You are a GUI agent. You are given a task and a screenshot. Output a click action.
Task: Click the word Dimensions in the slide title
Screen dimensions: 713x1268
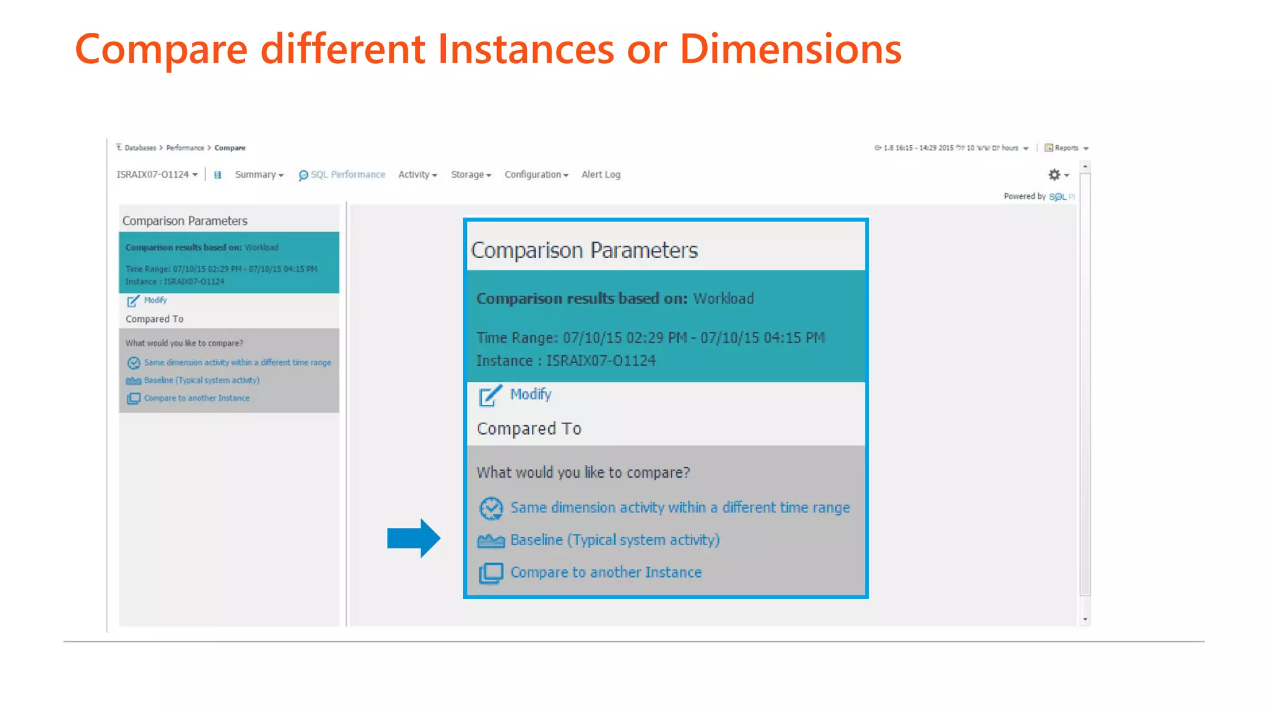click(x=790, y=50)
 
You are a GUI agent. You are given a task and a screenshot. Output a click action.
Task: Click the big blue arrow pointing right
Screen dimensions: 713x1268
click(x=413, y=538)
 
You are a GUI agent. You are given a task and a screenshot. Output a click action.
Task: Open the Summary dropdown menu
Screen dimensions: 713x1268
click(x=259, y=175)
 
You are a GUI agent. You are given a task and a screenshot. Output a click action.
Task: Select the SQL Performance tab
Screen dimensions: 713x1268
click(x=342, y=175)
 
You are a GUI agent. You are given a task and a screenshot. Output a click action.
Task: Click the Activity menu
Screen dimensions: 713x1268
click(x=417, y=175)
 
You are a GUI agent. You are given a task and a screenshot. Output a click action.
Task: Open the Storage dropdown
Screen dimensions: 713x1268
click(x=471, y=175)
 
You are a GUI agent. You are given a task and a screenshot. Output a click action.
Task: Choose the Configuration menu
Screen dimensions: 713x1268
click(x=536, y=175)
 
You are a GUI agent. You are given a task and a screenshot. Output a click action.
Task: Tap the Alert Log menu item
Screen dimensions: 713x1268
click(x=601, y=175)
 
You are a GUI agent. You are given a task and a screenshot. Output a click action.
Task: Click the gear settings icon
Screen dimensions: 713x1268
click(x=1054, y=175)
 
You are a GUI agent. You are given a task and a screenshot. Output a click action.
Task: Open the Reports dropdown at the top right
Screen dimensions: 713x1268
click(x=1066, y=148)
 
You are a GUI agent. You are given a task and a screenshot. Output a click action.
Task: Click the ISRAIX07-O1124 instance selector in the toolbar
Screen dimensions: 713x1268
click(x=157, y=175)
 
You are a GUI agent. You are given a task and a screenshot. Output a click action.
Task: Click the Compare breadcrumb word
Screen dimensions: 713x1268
click(x=230, y=148)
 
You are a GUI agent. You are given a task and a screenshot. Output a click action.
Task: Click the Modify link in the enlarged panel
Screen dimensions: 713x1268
click(x=530, y=394)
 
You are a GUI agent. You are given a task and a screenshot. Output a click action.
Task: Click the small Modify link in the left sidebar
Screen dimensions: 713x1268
click(x=155, y=300)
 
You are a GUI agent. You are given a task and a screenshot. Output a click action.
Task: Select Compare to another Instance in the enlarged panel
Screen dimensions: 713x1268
click(x=606, y=573)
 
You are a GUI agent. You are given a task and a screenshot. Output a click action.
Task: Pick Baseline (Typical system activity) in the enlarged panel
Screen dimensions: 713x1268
click(x=614, y=540)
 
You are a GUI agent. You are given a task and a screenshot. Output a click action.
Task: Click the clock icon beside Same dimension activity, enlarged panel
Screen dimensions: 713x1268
click(x=491, y=508)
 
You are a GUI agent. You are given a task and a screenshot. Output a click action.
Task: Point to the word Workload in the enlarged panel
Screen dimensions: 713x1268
click(x=723, y=298)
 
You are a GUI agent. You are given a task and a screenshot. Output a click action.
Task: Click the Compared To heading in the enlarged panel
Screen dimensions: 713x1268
click(x=529, y=428)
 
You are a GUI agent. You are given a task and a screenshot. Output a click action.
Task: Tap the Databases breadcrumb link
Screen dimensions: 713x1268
click(x=140, y=148)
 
